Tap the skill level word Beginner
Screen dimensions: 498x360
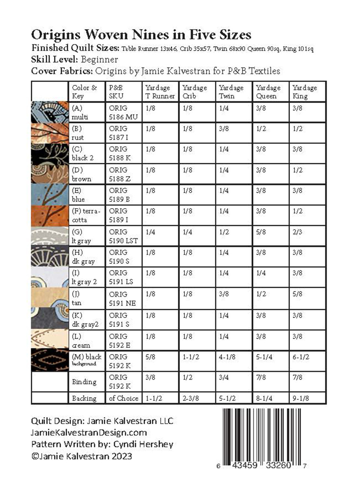[100, 59]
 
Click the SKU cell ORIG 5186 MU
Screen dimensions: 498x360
[123, 113]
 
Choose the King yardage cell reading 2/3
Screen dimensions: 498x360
[298, 232]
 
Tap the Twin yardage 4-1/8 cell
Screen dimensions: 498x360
[228, 357]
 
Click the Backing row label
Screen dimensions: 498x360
[84, 398]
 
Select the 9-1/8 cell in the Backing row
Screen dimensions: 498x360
[301, 398]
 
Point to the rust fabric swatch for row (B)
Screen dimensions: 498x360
[50, 133]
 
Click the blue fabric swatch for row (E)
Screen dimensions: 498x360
[50, 195]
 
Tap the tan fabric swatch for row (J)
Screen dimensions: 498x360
[50, 298]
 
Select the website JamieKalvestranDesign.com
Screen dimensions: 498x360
[89, 432]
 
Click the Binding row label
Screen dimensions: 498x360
[84, 382]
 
